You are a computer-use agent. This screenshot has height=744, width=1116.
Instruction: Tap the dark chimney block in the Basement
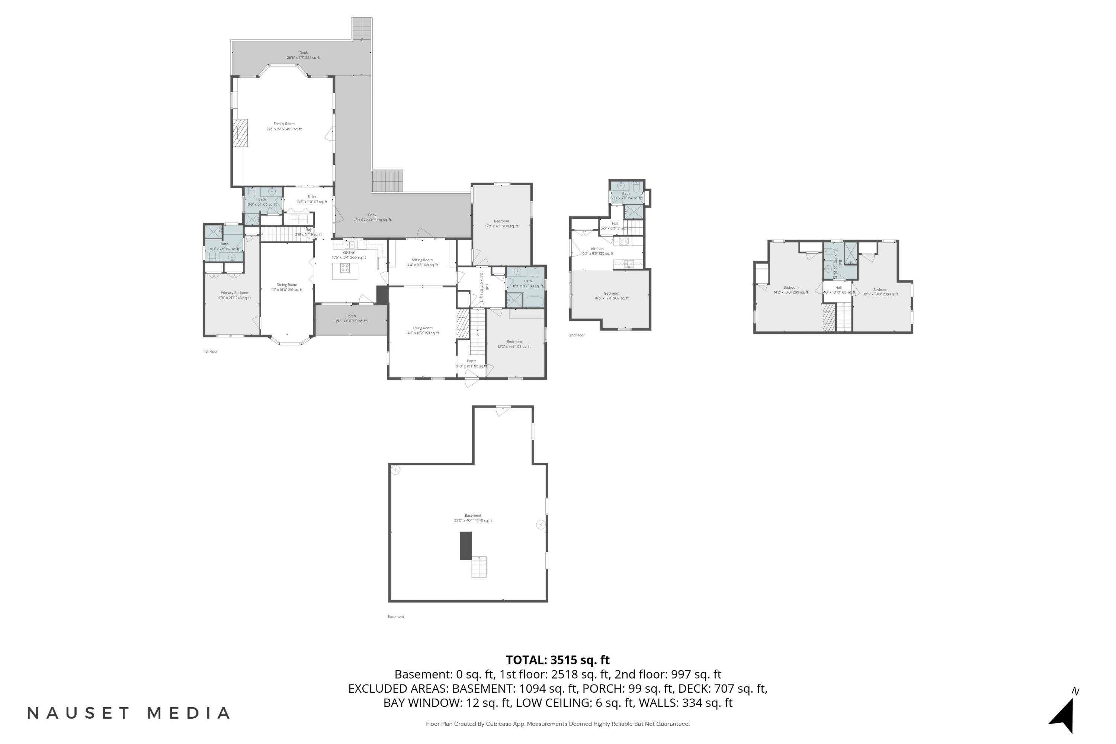[x=465, y=546]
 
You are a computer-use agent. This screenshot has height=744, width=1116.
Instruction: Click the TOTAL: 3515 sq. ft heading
[x=558, y=660]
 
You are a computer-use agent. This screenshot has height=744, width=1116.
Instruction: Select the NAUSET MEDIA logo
[x=128, y=713]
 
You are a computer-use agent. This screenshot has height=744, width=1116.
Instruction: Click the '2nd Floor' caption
[x=577, y=336]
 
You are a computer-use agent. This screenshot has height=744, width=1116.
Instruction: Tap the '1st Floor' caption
[x=211, y=352]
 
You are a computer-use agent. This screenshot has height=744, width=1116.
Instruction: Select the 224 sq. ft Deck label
[x=303, y=55]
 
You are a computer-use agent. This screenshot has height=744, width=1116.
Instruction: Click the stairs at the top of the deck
[x=362, y=29]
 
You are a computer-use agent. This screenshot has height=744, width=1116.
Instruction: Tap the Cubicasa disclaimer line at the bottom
[x=558, y=724]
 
